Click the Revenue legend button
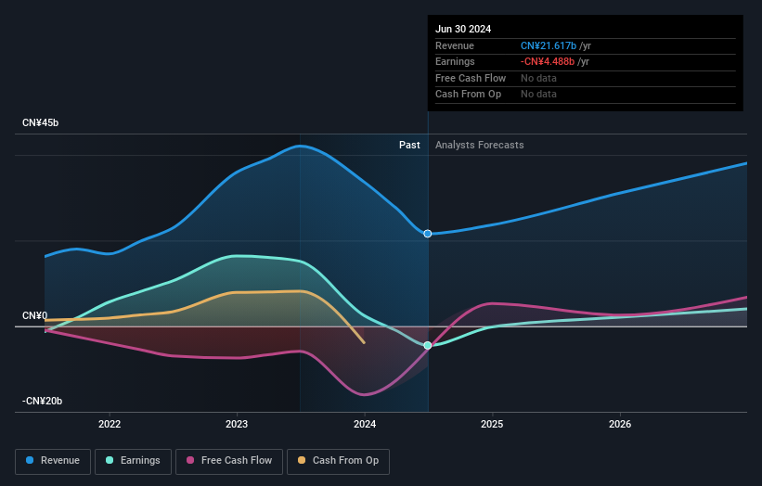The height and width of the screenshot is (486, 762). (53, 460)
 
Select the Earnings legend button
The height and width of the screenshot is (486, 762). (132, 460)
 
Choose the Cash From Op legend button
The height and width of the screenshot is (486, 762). (338, 460)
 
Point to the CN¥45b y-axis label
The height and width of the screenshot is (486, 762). (41, 123)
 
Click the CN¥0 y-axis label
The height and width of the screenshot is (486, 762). (34, 316)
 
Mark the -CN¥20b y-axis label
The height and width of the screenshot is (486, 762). (42, 401)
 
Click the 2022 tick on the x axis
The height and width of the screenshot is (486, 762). (110, 424)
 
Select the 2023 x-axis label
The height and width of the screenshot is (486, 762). (237, 424)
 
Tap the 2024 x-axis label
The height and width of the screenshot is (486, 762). (365, 424)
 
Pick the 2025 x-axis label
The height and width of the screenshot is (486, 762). (492, 424)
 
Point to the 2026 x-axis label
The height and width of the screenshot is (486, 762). (620, 424)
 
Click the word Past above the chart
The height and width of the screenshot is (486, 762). (409, 145)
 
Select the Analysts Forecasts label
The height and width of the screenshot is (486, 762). (479, 145)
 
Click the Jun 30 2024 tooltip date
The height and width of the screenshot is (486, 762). (463, 29)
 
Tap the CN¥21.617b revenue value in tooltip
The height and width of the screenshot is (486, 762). (548, 45)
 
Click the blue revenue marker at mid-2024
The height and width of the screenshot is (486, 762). (428, 234)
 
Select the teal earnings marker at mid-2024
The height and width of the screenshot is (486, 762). (428, 345)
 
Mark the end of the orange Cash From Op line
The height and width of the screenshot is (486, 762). (365, 343)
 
